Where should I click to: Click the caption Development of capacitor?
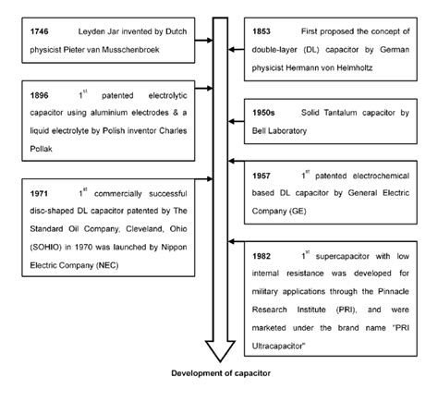[220, 373]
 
